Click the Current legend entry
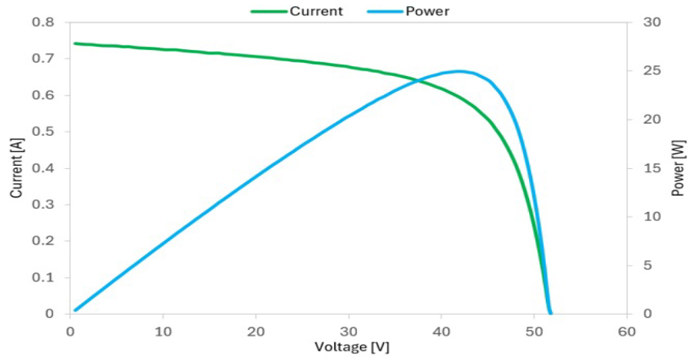[x=316, y=12]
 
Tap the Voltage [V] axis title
[x=352, y=347]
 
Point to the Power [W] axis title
[x=677, y=168]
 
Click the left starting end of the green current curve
[x=74, y=44]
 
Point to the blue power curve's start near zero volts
[x=74, y=310]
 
